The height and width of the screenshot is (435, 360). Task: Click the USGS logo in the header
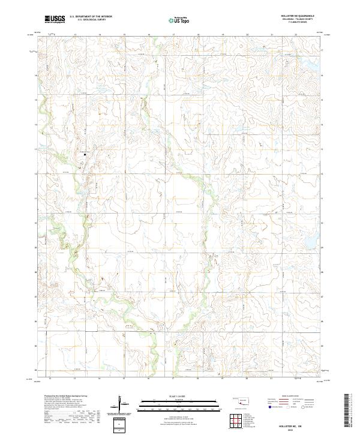point(55,19)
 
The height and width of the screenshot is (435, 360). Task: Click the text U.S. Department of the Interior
point(91,16)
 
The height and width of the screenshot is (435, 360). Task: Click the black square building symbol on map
point(85,155)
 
